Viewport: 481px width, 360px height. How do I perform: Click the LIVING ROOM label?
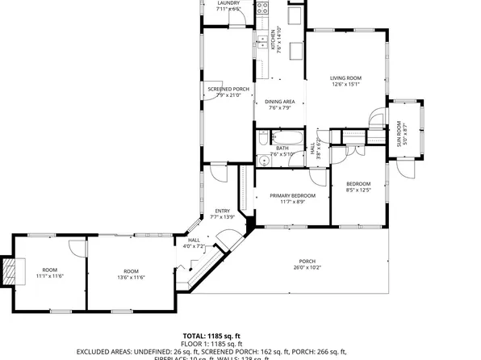[x=345, y=78]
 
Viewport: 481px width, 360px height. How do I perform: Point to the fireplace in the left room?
[x=10, y=271]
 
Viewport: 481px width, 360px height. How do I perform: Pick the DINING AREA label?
[x=280, y=102]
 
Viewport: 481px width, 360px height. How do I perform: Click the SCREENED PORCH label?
[x=228, y=89]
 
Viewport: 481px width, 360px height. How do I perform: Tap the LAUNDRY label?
[x=228, y=2]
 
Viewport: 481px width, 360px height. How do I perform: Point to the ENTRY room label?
[x=222, y=211]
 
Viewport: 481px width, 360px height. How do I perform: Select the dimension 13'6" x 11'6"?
[x=131, y=278]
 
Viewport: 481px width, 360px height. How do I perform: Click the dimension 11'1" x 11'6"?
[x=50, y=276]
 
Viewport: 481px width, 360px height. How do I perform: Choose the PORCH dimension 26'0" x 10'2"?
[x=307, y=267]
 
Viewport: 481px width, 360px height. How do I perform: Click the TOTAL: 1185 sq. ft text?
[x=212, y=335]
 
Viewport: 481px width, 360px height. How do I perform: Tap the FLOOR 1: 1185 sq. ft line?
[x=212, y=343]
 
